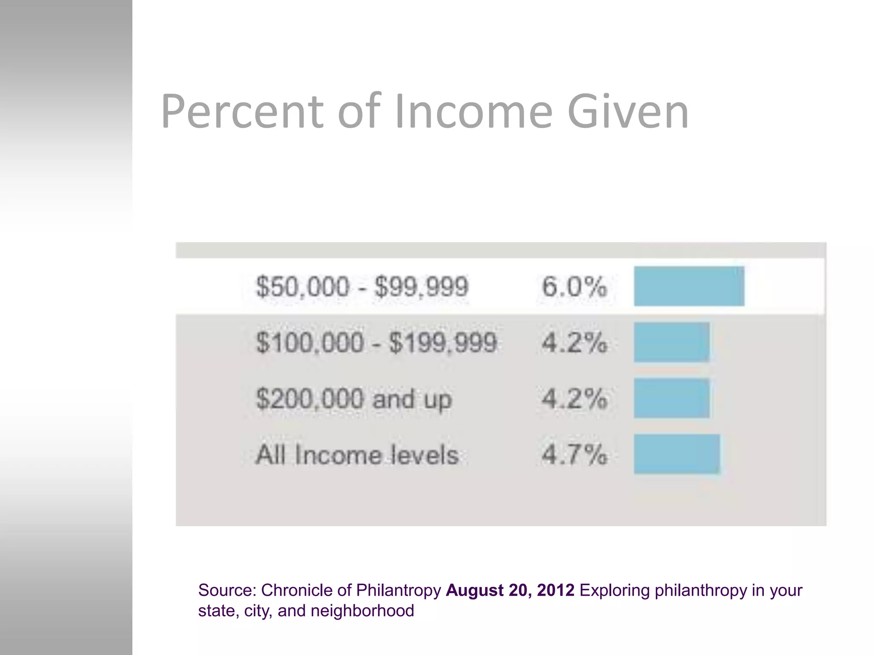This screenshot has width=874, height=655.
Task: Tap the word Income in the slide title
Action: click(474, 112)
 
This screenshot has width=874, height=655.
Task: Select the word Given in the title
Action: click(628, 112)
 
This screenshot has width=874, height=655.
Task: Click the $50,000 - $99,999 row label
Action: click(362, 286)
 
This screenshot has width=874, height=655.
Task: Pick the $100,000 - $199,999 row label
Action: click(376, 342)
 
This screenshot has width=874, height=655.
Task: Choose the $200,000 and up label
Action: click(353, 399)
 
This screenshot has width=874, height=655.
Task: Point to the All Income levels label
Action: click(357, 455)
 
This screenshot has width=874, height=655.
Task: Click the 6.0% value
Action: click(574, 286)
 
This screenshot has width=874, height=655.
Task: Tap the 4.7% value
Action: click(574, 455)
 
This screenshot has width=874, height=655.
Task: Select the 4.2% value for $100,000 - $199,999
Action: click(574, 342)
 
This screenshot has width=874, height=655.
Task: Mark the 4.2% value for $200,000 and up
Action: click(574, 399)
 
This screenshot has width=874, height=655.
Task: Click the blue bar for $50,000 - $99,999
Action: click(689, 286)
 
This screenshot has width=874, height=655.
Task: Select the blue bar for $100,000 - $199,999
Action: click(671, 342)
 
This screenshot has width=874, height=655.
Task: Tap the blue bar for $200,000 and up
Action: click(671, 398)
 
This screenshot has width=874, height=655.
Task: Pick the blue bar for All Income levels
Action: click(676, 454)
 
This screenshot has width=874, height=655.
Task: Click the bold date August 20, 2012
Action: click(510, 591)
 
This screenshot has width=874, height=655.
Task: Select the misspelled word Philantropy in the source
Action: click(398, 591)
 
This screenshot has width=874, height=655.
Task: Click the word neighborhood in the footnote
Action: click(362, 611)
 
